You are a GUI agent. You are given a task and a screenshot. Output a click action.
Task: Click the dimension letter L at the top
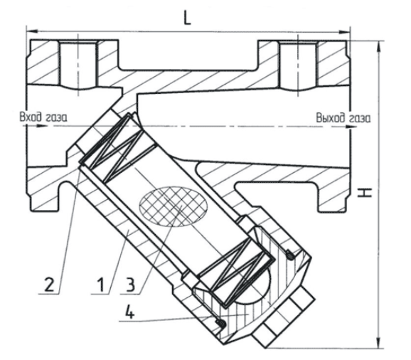click(187, 18)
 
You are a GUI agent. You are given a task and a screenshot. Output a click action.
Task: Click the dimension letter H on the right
click(365, 193)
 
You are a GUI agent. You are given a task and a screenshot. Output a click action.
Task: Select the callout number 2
click(49, 285)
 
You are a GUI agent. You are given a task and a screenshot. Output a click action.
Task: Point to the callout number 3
click(130, 285)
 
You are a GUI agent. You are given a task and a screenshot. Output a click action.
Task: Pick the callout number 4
click(129, 312)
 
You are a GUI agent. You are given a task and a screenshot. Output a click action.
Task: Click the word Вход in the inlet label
click(31, 117)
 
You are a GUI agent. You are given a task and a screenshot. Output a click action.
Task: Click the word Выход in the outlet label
click(330, 117)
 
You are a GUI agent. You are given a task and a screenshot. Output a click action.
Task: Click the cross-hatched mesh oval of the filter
click(174, 206)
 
